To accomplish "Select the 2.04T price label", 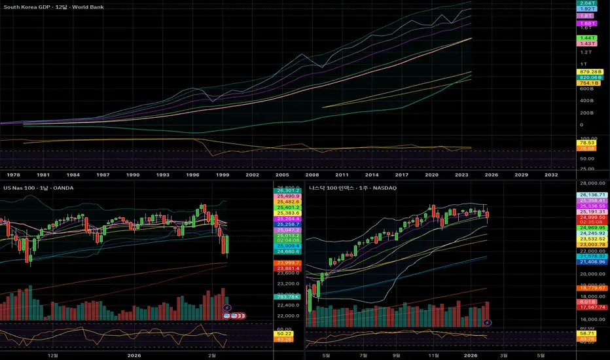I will (x=585, y=3).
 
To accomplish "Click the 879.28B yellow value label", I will (x=585, y=71).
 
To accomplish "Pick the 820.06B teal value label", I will (x=585, y=77).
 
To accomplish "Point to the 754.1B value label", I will (x=585, y=83).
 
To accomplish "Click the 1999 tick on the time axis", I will (x=223, y=175).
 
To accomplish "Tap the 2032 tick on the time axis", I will (x=551, y=175).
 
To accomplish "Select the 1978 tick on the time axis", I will (x=12, y=175).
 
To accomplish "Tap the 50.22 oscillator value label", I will (x=284, y=334).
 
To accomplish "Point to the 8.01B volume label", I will (x=585, y=302).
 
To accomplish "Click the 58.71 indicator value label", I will (x=585, y=333).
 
